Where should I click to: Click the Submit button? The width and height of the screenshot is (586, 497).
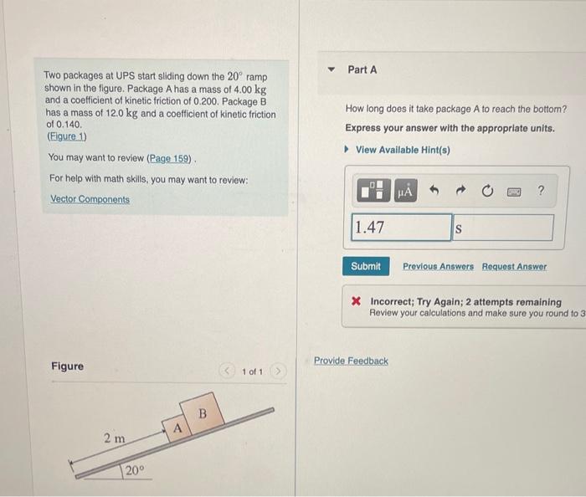pyautogui.click(x=365, y=266)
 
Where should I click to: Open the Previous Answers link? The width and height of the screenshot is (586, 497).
pyautogui.click(x=438, y=266)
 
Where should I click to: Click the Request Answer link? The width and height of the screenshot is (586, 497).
pyautogui.click(x=514, y=266)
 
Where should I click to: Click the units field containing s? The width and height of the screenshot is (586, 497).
pyautogui.click(x=503, y=228)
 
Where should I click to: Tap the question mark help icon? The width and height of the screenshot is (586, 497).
pyautogui.click(x=540, y=192)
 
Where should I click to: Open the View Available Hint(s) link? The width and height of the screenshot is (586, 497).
pyautogui.click(x=403, y=150)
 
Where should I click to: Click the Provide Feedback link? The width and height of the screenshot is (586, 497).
pyautogui.click(x=351, y=361)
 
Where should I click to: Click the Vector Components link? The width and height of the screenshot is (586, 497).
pyautogui.click(x=90, y=199)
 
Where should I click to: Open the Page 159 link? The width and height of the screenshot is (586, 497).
pyautogui.click(x=170, y=158)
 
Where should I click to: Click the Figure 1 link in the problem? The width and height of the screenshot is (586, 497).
pyautogui.click(x=67, y=136)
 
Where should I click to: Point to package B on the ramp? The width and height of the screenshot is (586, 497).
pyautogui.click(x=201, y=413)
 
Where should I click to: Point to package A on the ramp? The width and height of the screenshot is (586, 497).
pyautogui.click(x=177, y=428)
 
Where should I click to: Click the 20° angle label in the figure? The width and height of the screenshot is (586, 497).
pyautogui.click(x=135, y=470)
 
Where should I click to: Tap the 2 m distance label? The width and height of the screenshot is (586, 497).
pyautogui.click(x=114, y=438)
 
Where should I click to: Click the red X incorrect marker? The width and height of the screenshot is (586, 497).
pyautogui.click(x=356, y=302)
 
